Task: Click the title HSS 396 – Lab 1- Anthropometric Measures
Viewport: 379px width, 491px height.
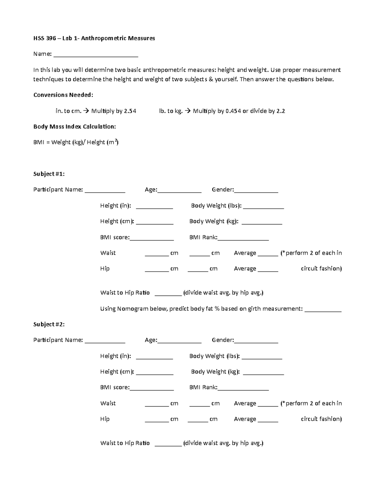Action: [x=94, y=38]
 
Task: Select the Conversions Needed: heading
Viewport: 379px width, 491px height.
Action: [x=63, y=95]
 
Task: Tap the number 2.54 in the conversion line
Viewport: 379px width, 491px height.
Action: [x=130, y=111]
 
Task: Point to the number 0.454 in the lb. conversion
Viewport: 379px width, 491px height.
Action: [x=232, y=111]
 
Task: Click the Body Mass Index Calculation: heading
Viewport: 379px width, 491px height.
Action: [x=75, y=126]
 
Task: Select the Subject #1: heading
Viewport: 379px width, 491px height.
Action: [x=49, y=174]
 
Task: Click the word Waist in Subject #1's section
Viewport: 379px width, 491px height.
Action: [x=108, y=253]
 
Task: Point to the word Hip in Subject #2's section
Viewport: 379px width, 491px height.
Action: [x=105, y=419]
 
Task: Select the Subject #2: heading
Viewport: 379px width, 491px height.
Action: [x=49, y=324]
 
